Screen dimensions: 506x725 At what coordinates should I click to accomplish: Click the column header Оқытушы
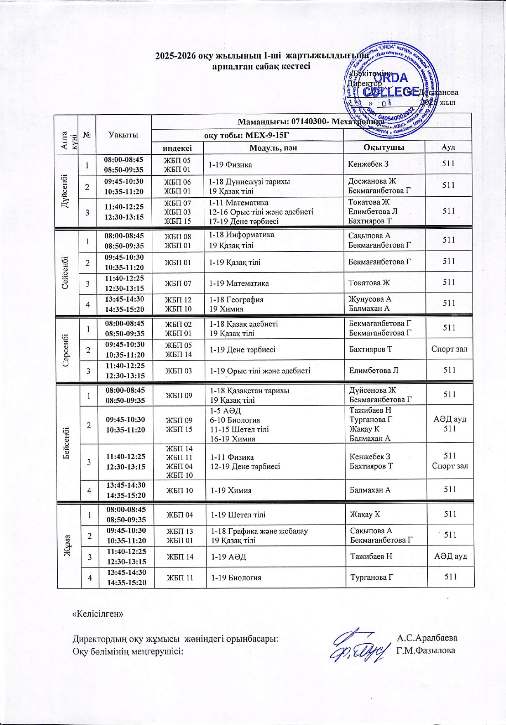click(384, 147)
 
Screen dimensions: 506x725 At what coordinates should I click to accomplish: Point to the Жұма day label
click(68, 545)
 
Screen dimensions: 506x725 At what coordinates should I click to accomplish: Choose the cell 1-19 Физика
click(230, 165)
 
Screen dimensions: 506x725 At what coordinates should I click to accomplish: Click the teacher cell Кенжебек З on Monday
click(368, 164)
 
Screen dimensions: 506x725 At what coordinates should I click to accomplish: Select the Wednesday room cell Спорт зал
click(449, 349)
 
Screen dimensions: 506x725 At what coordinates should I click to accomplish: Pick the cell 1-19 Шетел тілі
click(238, 515)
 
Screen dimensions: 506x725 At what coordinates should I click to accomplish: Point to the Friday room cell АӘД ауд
click(450, 556)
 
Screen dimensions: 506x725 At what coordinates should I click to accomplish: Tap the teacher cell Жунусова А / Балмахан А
click(369, 304)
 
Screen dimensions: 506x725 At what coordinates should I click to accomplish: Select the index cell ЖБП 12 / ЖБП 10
click(178, 304)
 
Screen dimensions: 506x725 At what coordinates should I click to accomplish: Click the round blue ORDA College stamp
click(390, 90)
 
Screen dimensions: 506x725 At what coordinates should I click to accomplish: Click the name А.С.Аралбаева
click(427, 638)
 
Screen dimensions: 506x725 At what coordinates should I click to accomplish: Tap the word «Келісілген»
click(98, 614)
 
